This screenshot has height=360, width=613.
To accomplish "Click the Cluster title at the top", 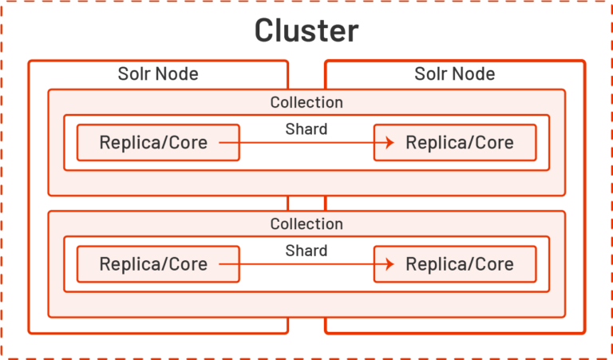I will [306, 30].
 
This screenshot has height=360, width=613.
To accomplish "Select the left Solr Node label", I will [158, 74].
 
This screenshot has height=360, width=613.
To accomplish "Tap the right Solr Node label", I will [455, 74].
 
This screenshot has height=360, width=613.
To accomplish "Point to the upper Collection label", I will [306, 102].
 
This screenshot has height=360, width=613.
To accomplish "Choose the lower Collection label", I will [306, 224].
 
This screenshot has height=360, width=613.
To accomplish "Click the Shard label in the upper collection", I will [306, 129].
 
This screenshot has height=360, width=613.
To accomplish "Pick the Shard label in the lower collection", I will [306, 251].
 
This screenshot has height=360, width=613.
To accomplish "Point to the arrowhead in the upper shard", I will [390, 143].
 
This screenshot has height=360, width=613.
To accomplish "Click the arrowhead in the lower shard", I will [390, 264].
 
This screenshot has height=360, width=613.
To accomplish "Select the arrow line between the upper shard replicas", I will [303, 143].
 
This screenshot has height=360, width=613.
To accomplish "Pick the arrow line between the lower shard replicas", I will [303, 264].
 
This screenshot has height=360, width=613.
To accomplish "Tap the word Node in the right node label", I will [476, 74].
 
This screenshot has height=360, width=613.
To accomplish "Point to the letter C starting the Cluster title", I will [266, 30].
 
